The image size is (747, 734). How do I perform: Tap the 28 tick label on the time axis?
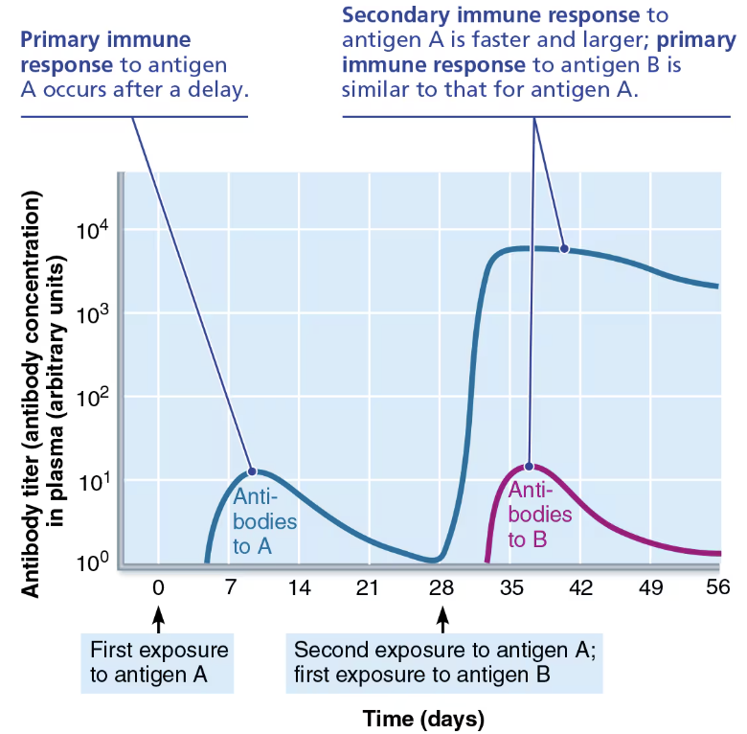(x=441, y=588)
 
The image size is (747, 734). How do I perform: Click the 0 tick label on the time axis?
(x=159, y=588)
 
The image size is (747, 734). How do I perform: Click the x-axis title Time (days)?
(x=423, y=718)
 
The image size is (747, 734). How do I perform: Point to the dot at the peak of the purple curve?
(x=529, y=467)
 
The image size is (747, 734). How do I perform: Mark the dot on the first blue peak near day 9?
(x=252, y=470)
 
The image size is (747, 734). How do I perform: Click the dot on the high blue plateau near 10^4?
(x=564, y=249)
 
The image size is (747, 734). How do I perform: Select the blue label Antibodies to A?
(x=264, y=522)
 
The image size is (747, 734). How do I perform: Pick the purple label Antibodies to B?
(x=538, y=515)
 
